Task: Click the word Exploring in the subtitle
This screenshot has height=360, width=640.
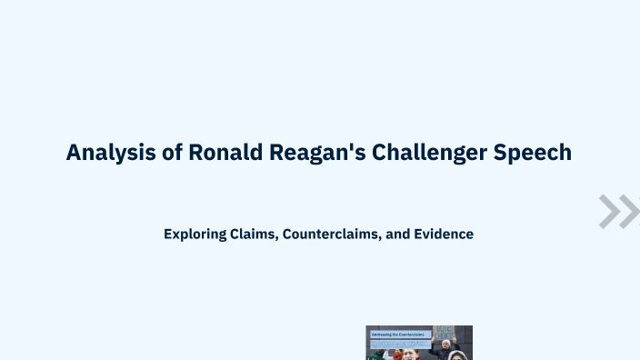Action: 194,234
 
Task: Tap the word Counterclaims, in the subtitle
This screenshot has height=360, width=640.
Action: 332,234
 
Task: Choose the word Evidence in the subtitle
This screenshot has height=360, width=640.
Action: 444,234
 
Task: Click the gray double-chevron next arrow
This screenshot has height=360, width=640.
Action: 618,211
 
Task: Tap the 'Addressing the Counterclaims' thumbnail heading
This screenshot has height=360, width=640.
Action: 399,335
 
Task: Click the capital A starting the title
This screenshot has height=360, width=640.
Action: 74,153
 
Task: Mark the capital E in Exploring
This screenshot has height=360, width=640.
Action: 168,234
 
